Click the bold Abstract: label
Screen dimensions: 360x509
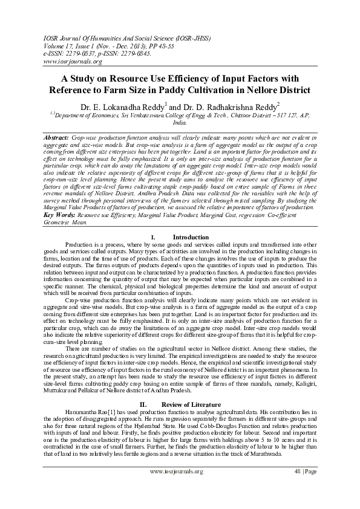coord(57,138)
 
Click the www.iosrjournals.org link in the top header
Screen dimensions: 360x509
coord(68,61)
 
